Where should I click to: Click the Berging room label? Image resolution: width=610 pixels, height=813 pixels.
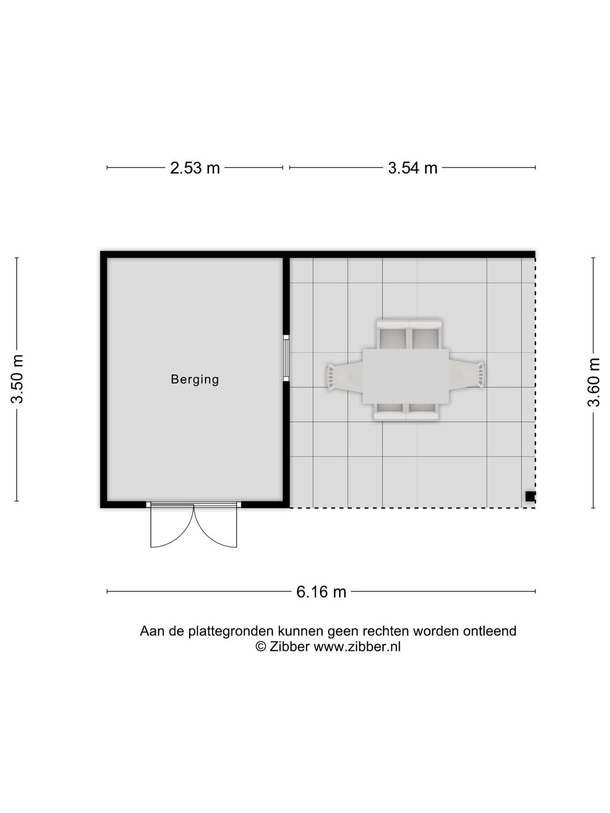tap(195, 379)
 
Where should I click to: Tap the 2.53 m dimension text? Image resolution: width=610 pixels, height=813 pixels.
tap(195, 168)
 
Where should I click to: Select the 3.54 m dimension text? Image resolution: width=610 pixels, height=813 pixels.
tap(412, 168)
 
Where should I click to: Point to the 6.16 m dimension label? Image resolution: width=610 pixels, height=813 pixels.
tap(321, 592)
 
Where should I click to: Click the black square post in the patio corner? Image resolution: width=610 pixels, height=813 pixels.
tap(530, 497)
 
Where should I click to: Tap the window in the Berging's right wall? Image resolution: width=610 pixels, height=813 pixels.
tap(286, 358)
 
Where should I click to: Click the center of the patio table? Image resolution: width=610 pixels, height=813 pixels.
tap(406, 376)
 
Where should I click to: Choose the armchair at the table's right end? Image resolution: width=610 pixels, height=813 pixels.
tap(468, 375)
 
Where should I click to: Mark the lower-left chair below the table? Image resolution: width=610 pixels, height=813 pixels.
tap(390, 412)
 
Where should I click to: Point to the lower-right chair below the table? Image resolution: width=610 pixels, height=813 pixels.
tap(422, 412)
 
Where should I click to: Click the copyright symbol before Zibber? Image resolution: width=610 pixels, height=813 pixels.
tap(260, 647)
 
